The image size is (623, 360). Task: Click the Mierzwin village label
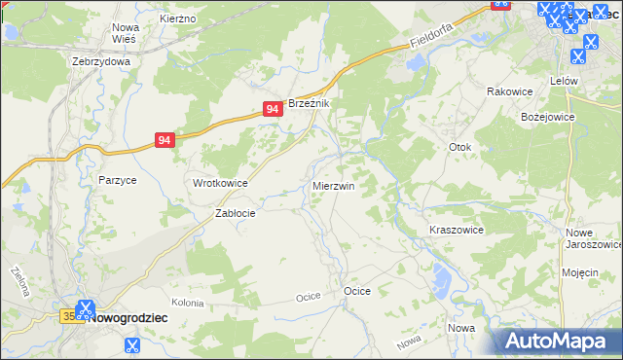(x=333, y=185)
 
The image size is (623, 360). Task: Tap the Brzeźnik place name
(x=311, y=104)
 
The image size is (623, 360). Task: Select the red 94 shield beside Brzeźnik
(x=274, y=112)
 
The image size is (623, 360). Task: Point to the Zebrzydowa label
(x=101, y=60)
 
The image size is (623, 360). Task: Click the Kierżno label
(x=178, y=18)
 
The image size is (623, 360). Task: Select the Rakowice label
(x=506, y=91)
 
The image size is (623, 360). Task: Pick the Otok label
(x=459, y=147)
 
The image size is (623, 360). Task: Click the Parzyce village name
(x=118, y=180)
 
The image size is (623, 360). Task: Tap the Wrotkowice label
(x=220, y=183)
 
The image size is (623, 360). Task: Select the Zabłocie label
(x=235, y=214)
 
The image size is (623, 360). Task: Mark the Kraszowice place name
(x=457, y=230)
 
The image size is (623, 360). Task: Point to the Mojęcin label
(x=579, y=272)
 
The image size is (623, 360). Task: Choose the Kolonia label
(x=187, y=303)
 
